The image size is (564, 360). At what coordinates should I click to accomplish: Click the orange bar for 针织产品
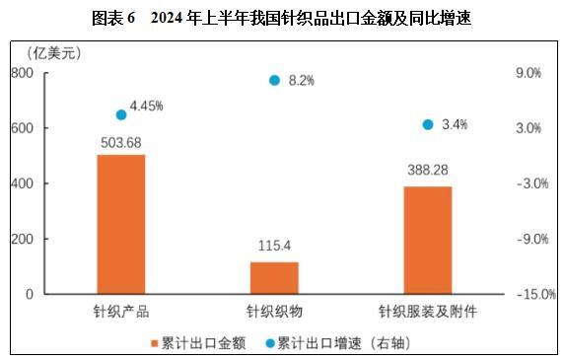click(x=121, y=224)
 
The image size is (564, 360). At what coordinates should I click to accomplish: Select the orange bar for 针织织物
click(x=274, y=277)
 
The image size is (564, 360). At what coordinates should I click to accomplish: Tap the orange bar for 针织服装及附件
click(x=428, y=240)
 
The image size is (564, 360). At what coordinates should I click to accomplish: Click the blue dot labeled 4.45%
click(x=121, y=114)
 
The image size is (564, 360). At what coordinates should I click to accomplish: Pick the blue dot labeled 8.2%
click(x=275, y=80)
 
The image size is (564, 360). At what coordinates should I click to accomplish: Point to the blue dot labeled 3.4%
click(x=428, y=124)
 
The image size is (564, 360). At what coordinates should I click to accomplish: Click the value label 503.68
click(x=121, y=142)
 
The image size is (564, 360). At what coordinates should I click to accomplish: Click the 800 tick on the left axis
click(x=23, y=73)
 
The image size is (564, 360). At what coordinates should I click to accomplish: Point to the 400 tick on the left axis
click(x=23, y=183)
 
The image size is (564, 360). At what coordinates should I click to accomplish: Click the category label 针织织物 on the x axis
click(x=274, y=312)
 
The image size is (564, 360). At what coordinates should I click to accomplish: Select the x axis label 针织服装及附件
click(x=428, y=312)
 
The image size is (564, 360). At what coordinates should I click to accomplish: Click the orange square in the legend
click(x=155, y=343)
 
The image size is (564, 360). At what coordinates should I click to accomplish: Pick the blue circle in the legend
click(x=270, y=343)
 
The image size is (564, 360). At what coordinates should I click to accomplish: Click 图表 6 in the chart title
click(x=112, y=17)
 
